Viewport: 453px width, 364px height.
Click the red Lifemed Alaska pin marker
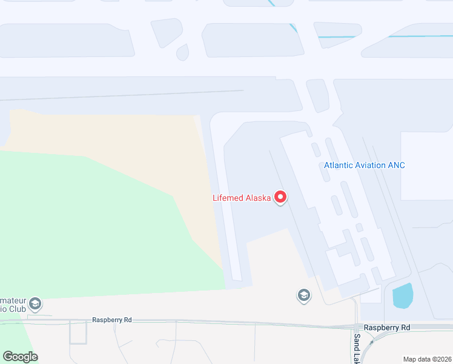(280, 197)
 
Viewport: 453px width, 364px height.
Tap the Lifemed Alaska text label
(241, 198)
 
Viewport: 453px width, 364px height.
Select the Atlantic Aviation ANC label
(364, 165)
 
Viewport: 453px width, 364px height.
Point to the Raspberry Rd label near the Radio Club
(111, 320)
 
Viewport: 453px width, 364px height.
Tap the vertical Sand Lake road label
(357, 349)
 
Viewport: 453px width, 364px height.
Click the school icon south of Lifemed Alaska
(303, 295)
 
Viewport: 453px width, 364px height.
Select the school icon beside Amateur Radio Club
(36, 303)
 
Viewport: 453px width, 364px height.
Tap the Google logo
(20, 357)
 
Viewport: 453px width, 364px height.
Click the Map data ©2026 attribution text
(427, 359)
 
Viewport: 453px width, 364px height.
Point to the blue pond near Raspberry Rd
(403, 295)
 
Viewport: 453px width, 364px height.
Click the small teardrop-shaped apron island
(182, 52)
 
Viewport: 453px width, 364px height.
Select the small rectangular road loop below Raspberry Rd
(78, 332)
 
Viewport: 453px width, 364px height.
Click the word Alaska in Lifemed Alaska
(257, 198)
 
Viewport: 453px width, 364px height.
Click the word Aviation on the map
(369, 165)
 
